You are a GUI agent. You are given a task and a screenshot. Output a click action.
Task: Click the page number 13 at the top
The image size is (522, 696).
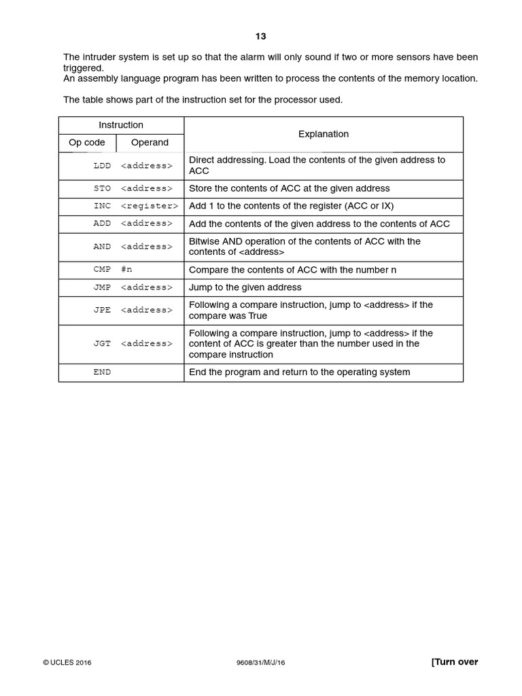coord(261,36)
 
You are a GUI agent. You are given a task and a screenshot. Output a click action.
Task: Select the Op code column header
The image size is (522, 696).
coord(87,143)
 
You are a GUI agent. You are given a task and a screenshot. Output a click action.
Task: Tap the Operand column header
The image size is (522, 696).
coord(150,143)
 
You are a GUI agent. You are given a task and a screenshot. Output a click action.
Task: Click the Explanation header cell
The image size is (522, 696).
coord(324,134)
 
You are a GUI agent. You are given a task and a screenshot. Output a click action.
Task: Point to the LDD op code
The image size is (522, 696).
coord(102,166)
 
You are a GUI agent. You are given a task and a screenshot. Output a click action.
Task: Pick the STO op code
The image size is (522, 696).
coord(102,188)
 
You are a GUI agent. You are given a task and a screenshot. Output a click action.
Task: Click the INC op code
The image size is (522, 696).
coord(102,206)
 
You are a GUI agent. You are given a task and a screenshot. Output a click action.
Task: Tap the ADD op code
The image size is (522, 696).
coord(102,224)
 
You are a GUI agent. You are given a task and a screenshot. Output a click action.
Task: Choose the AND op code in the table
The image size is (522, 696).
coord(102,247)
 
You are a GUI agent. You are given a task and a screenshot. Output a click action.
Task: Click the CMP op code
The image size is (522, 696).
coord(102,270)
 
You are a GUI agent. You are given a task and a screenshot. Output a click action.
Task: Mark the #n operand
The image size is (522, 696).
coord(126,270)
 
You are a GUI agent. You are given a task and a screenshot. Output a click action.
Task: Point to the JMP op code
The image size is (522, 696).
coord(102,288)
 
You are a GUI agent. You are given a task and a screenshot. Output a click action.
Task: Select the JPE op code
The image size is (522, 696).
coord(102,310)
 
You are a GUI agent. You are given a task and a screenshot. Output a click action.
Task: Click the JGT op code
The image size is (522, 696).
coord(102,344)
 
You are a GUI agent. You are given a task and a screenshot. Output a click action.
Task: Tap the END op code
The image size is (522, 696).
coord(102,372)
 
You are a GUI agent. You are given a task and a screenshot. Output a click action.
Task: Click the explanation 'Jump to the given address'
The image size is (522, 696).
coord(245,288)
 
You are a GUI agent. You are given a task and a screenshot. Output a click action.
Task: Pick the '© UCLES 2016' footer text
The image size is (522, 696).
coord(67,663)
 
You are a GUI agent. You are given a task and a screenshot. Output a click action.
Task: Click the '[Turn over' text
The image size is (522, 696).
coord(455,662)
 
